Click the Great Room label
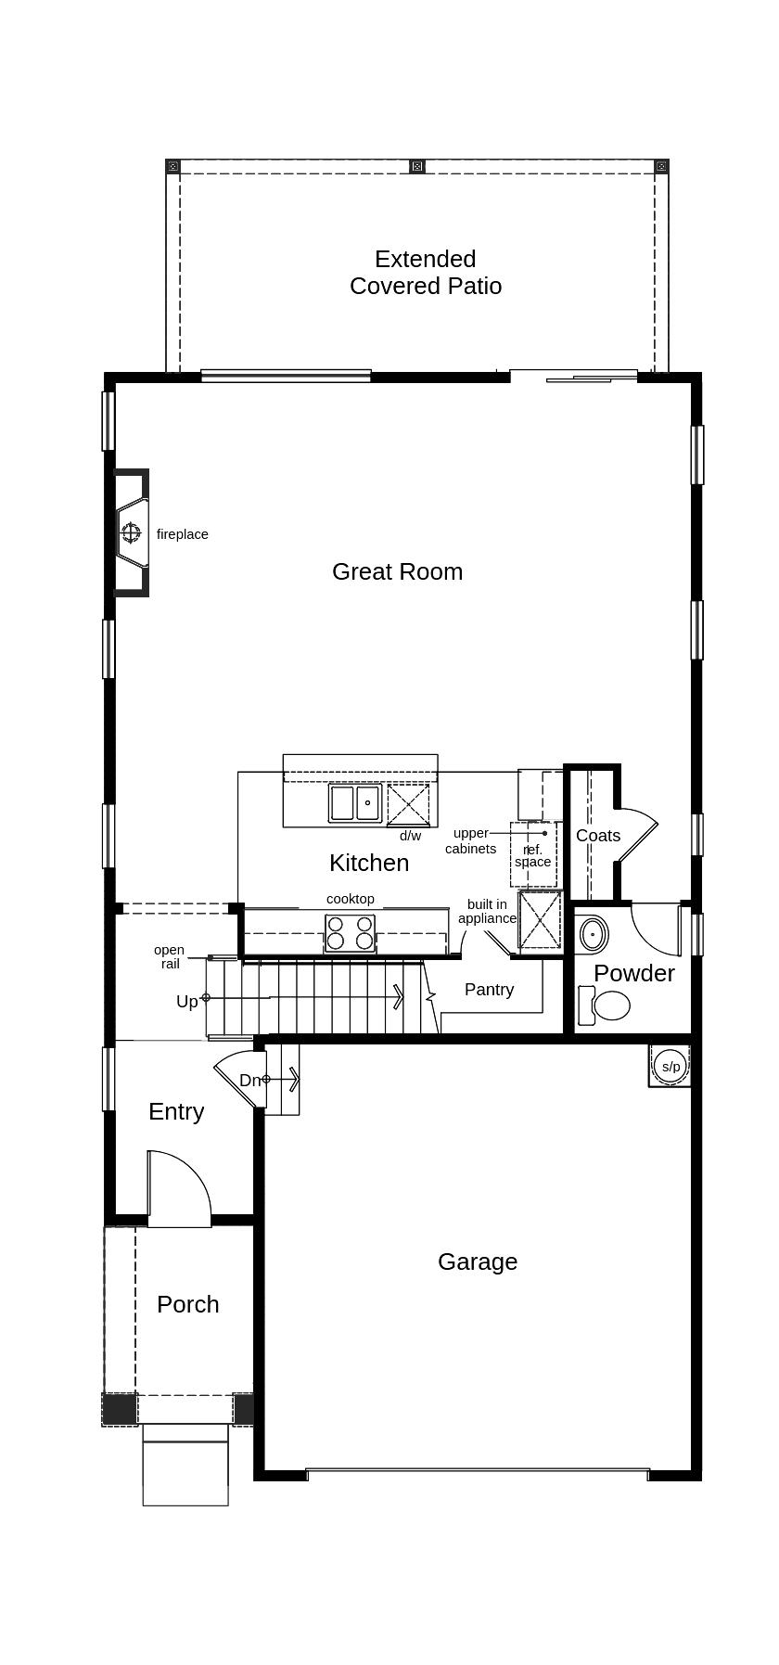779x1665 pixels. tap(397, 571)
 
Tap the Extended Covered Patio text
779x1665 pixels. tap(426, 272)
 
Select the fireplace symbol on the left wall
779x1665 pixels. tap(131, 532)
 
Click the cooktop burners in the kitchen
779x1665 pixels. tap(350, 933)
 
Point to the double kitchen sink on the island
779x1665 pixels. tap(355, 802)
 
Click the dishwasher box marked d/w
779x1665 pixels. tap(408, 804)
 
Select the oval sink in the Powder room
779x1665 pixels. tap(592, 934)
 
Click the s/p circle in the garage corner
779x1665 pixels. tap(670, 1067)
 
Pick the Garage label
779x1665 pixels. tap(477, 1262)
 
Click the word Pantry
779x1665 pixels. tap(489, 990)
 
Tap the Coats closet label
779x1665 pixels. tap(598, 836)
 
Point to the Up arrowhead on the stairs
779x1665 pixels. tap(399, 997)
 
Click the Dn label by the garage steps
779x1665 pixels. tap(249, 1080)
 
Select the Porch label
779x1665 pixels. tap(187, 1304)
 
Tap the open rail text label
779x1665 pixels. tap(169, 956)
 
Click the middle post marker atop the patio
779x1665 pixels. tap(417, 166)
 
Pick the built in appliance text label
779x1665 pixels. tap(487, 911)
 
